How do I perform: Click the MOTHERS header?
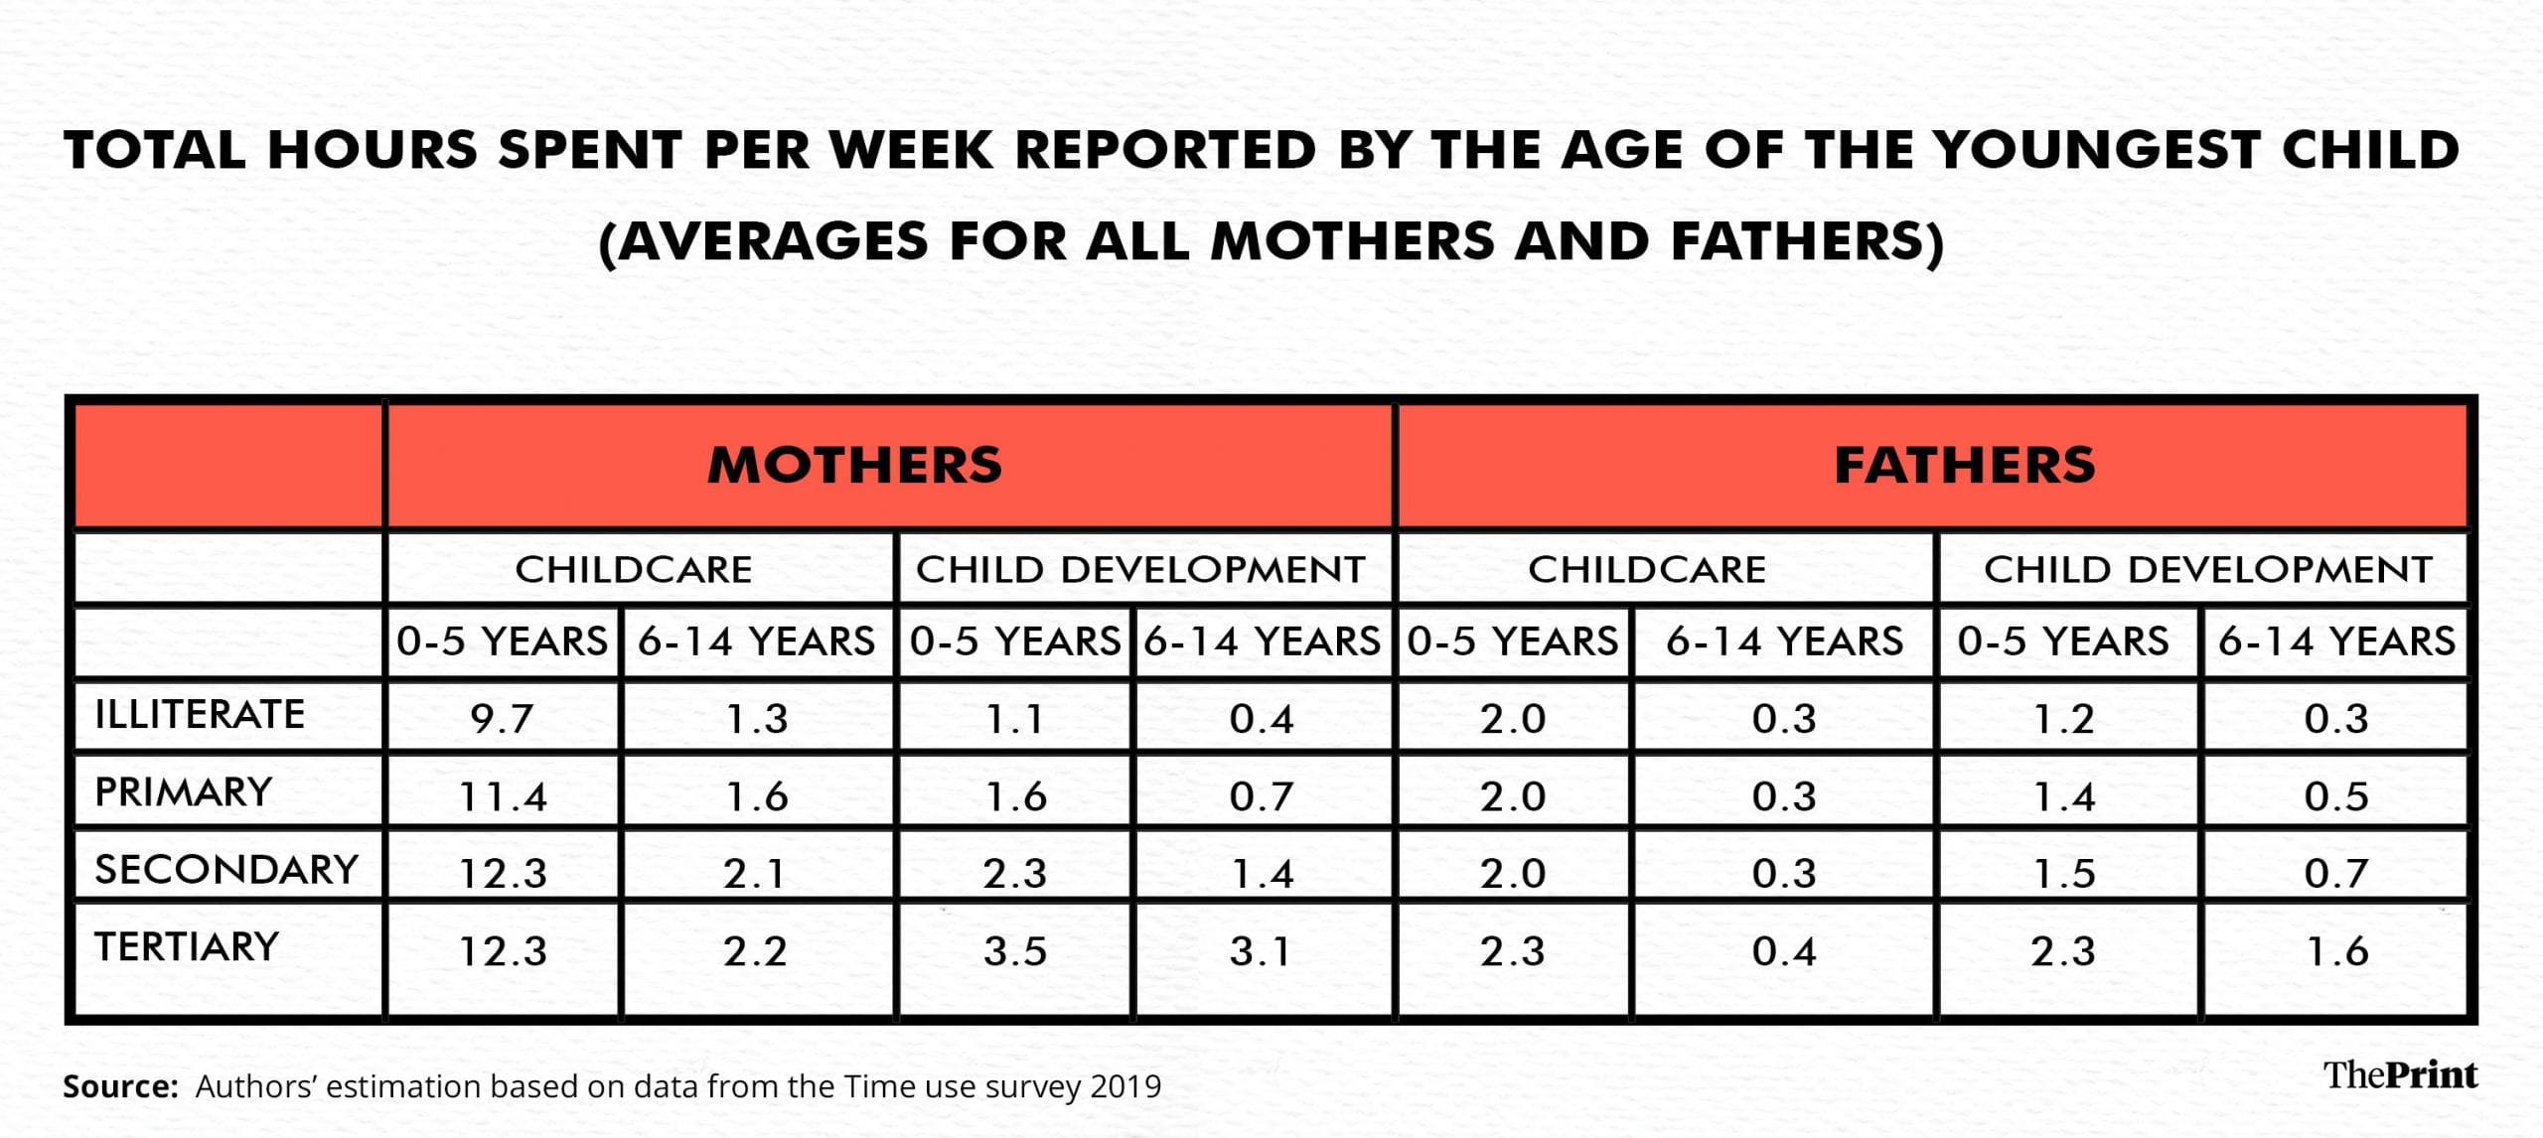[x=854, y=465]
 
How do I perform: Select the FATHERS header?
[x=1964, y=465]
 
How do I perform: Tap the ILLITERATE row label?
[x=200, y=714]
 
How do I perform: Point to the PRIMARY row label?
[x=184, y=791]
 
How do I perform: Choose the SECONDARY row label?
[x=226, y=869]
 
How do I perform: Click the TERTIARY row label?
[x=187, y=946]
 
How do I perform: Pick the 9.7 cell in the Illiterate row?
[x=503, y=718]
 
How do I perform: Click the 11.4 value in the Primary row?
[x=503, y=796]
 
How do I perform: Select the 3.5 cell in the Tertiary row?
[x=1015, y=951]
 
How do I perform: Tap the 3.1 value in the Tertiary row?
[x=1261, y=951]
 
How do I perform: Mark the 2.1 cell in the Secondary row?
[x=755, y=874]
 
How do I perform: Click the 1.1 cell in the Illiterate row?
[x=1015, y=718]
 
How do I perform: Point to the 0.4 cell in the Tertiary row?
[x=1784, y=951]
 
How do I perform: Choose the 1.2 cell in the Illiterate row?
[x=2064, y=718]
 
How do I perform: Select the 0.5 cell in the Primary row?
[x=2336, y=796]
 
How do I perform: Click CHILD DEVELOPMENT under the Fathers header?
[x=2208, y=569]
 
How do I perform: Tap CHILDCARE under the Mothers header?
[x=634, y=569]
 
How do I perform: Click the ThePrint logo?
[x=2401, y=1074]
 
